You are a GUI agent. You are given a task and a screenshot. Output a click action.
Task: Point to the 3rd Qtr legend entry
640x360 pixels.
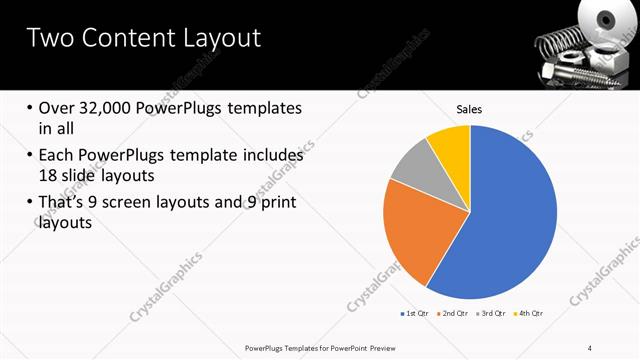pos(490,314)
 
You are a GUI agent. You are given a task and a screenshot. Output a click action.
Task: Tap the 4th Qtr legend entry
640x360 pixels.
pos(527,314)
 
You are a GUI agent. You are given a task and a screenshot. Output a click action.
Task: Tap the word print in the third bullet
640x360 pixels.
pos(275,204)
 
